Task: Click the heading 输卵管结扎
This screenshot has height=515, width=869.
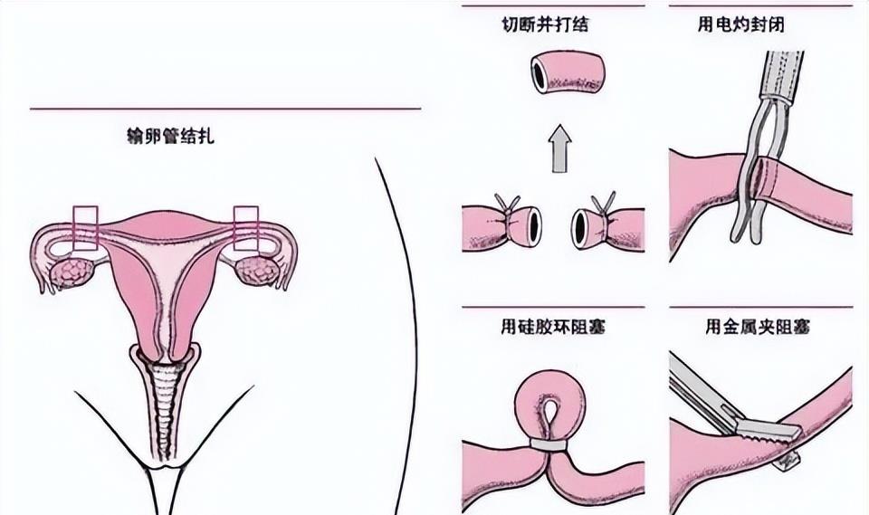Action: coord(170,138)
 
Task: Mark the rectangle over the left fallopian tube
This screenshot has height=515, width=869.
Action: coord(85,227)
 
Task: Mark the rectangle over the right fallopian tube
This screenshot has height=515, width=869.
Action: coord(246,227)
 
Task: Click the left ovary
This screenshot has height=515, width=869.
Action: coord(68,272)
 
